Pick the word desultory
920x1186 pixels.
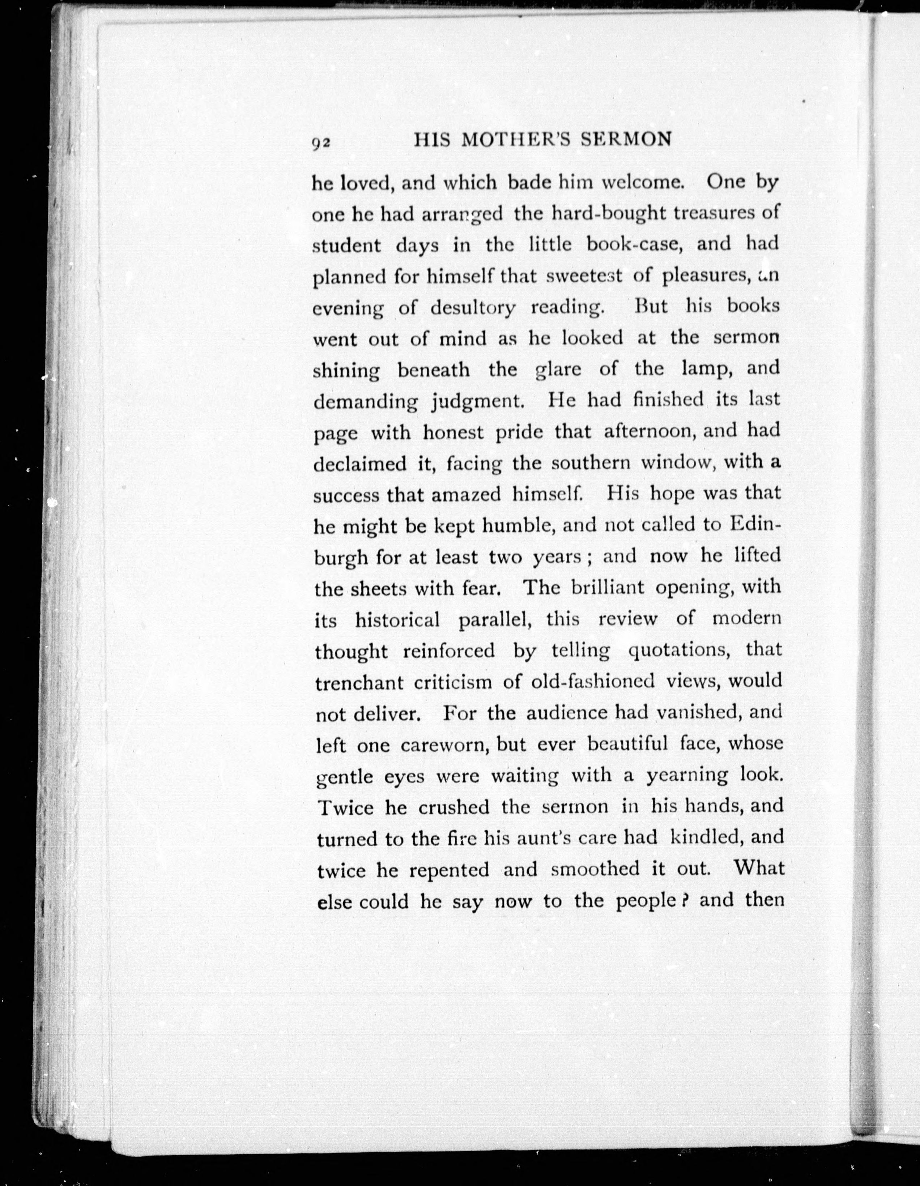click(473, 308)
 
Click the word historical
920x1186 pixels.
click(397, 620)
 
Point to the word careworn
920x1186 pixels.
click(443, 745)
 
